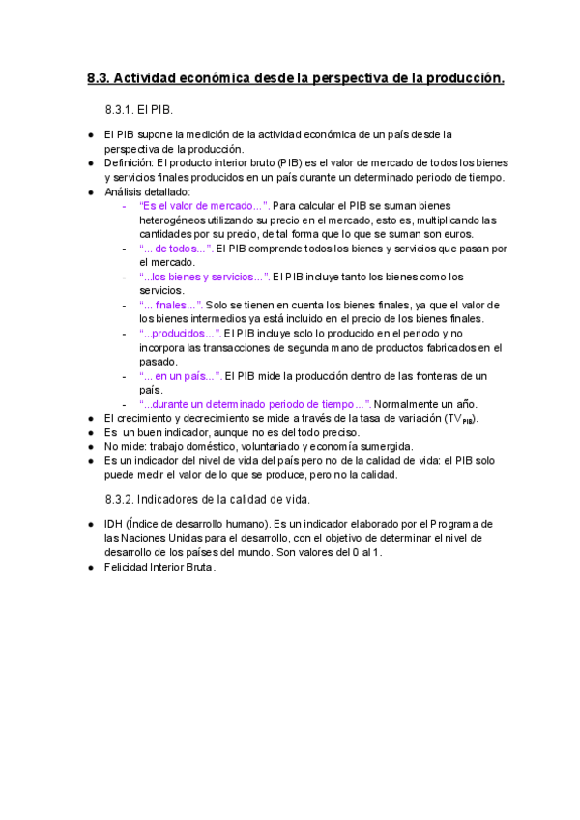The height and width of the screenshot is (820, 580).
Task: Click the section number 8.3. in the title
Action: click(x=99, y=78)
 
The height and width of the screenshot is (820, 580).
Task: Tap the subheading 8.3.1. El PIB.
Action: click(x=138, y=112)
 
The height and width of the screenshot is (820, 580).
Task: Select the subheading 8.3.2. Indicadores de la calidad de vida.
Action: click(x=207, y=499)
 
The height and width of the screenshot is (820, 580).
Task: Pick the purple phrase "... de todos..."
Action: click(x=176, y=249)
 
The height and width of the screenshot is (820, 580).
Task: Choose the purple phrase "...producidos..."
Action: click(x=180, y=334)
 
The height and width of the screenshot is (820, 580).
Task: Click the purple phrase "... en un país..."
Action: click(x=181, y=375)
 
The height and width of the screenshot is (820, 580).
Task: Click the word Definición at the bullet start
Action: click(x=129, y=163)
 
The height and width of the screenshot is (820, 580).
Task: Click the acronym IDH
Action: click(x=113, y=523)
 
